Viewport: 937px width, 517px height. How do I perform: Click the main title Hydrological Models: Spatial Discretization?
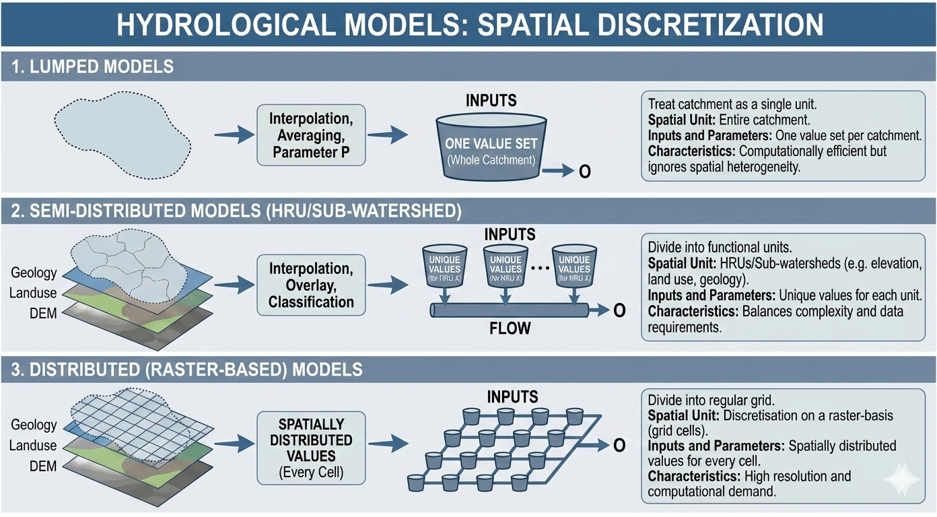pyautogui.click(x=469, y=26)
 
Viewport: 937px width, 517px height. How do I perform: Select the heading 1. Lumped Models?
pyautogui.click(x=94, y=67)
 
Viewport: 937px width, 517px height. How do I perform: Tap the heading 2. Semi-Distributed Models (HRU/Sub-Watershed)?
pyautogui.click(x=236, y=211)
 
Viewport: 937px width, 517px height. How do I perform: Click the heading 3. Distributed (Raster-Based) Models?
pyautogui.click(x=187, y=370)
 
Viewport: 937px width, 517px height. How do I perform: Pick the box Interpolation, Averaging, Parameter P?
pyautogui.click(x=311, y=135)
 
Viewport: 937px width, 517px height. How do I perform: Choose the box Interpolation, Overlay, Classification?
pyautogui.click(x=311, y=285)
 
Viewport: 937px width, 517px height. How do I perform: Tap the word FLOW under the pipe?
pyautogui.click(x=510, y=329)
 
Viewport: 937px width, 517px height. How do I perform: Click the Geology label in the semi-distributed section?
pyautogui.click(x=33, y=273)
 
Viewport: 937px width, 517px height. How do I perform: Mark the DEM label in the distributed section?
pyautogui.click(x=43, y=467)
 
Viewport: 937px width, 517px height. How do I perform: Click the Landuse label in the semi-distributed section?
pyautogui.click(x=33, y=294)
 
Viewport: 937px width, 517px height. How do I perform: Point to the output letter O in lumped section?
pyautogui.click(x=585, y=172)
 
